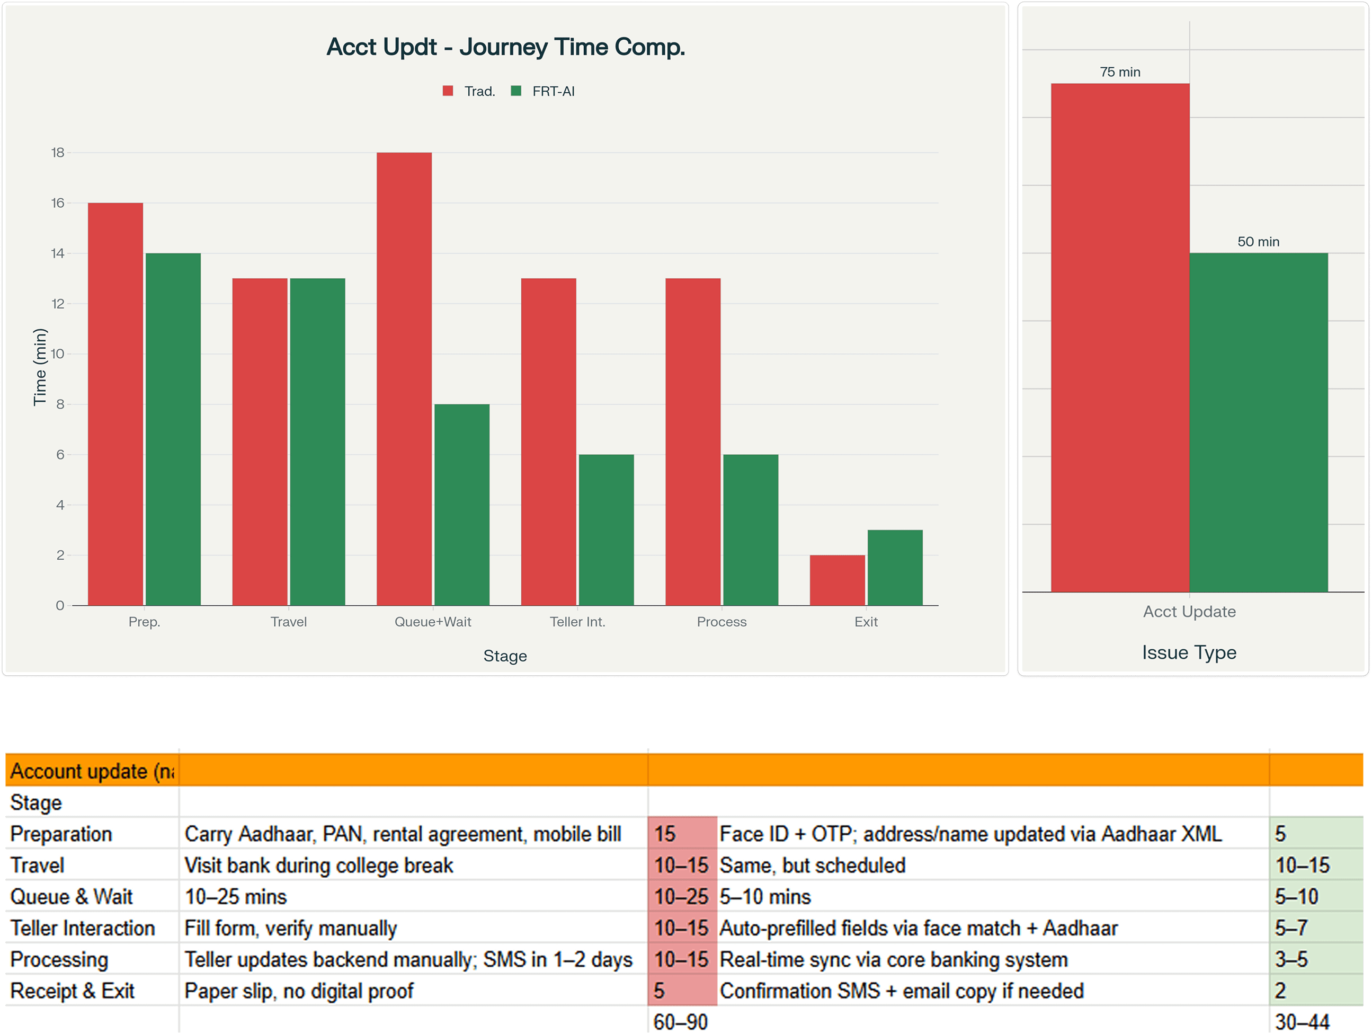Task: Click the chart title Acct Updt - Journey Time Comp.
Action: pyautogui.click(x=505, y=47)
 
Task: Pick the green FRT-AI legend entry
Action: pyautogui.click(x=543, y=91)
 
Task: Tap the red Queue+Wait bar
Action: pyautogui.click(x=404, y=378)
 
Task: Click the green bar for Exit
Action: pyautogui.click(x=894, y=567)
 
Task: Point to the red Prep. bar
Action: pyautogui.click(x=115, y=403)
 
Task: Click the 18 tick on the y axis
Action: pyautogui.click(x=58, y=153)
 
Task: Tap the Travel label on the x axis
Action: pyautogui.click(x=288, y=622)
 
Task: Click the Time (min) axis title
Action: pyautogui.click(x=40, y=367)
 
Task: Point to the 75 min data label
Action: pyautogui.click(x=1119, y=72)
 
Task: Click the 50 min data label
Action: pyautogui.click(x=1258, y=242)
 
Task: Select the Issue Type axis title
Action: pyautogui.click(x=1189, y=652)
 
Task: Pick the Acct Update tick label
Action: pyautogui.click(x=1189, y=612)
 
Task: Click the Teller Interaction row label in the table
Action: pyautogui.click(x=83, y=928)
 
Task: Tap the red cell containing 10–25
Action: pyautogui.click(x=681, y=896)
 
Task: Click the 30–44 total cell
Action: pyautogui.click(x=1302, y=1021)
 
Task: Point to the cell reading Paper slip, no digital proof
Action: pyautogui.click(x=299, y=991)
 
